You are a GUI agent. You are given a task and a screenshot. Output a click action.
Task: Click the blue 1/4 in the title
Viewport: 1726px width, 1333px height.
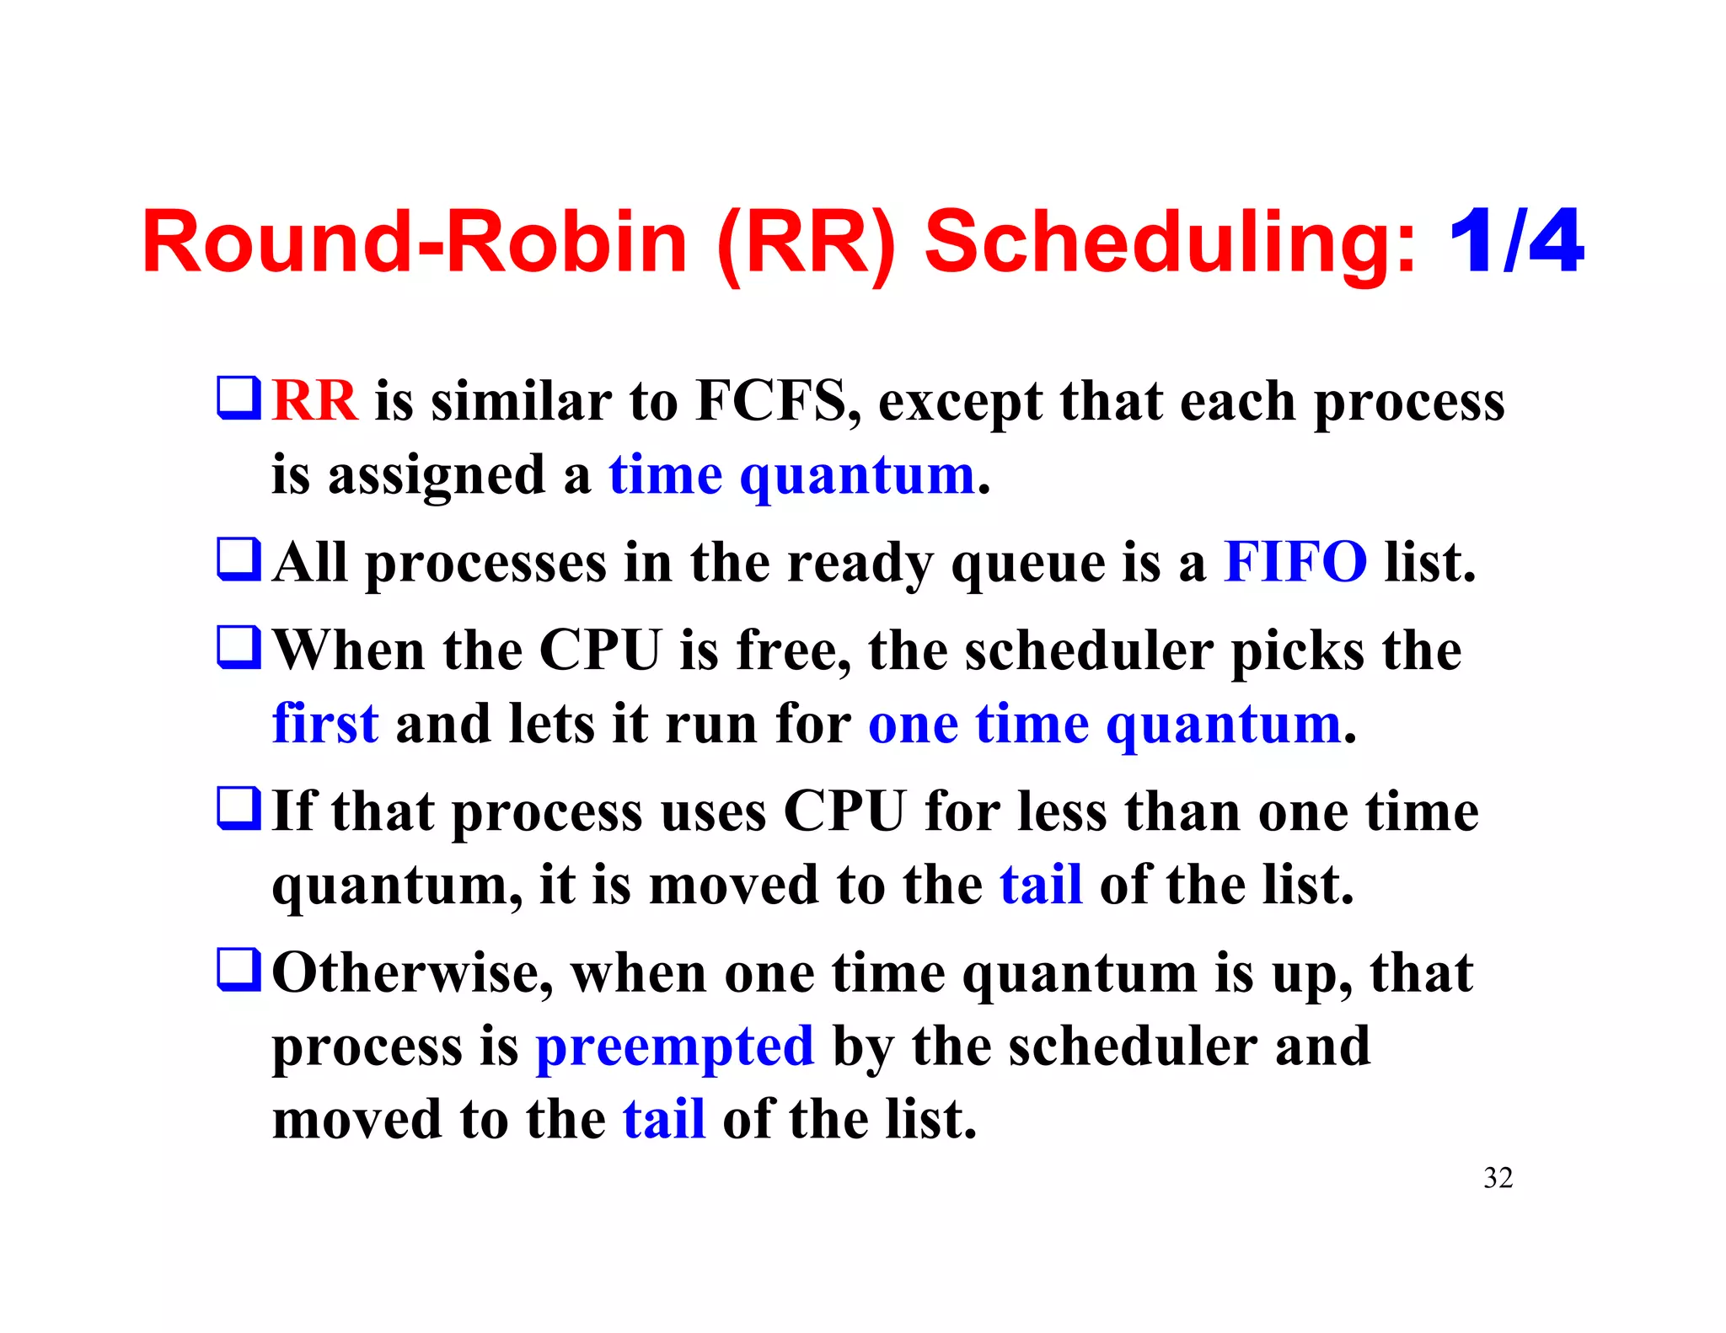coord(1515,243)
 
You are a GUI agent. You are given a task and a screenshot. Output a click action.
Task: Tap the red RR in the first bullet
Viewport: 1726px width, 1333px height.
coord(314,400)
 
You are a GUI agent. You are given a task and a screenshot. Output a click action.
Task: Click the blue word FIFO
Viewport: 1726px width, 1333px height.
coord(1295,562)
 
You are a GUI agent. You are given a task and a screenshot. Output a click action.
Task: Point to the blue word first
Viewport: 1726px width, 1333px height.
coord(325,723)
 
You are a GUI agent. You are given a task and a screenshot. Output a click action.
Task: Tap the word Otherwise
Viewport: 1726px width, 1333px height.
coord(412,973)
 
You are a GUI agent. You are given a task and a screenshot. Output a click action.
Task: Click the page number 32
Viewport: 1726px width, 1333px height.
coord(1498,1178)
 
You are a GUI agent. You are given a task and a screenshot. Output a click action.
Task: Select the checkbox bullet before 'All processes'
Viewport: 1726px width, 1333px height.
coord(239,559)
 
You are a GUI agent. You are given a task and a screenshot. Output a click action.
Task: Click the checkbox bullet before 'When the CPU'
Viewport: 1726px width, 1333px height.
coord(239,647)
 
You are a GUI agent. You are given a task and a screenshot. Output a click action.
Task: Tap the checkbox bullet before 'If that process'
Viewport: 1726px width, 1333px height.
coord(239,808)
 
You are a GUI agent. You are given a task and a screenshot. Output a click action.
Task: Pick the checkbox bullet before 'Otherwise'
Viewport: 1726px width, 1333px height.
coord(239,970)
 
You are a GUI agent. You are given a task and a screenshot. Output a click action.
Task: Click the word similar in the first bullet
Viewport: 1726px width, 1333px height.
coord(521,400)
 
